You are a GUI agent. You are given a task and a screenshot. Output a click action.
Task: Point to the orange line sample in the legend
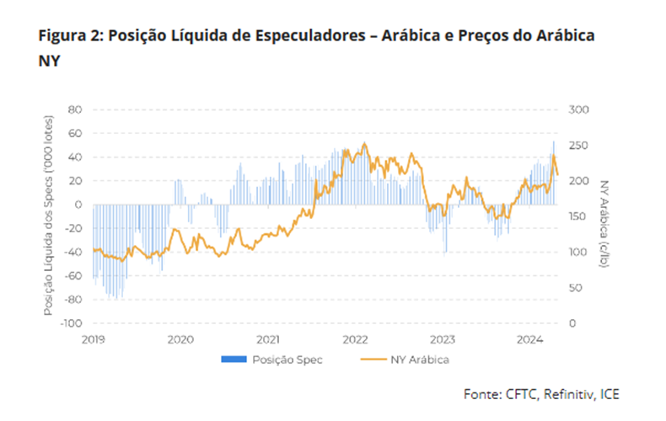[371, 360]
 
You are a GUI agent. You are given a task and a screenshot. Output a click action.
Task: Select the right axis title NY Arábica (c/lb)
[604, 216]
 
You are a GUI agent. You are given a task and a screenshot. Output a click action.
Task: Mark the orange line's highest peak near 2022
[364, 144]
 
